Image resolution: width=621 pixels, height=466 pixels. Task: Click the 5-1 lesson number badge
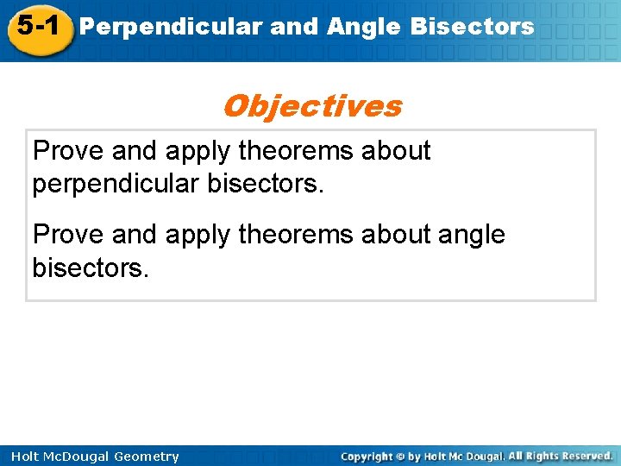pyautogui.click(x=36, y=25)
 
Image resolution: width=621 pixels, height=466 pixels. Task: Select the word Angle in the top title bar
pyautogui.click(x=363, y=27)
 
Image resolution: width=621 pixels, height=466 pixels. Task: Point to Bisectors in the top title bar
pyautogui.click(x=472, y=27)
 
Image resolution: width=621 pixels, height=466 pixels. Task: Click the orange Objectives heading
pyautogui.click(x=311, y=106)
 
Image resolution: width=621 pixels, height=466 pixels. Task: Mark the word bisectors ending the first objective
pyautogui.click(x=263, y=184)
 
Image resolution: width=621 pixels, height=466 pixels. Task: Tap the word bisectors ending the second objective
pyautogui.click(x=90, y=267)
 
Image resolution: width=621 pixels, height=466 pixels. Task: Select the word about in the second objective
pyautogui.click(x=397, y=234)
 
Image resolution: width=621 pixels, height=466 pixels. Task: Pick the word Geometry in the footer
pyautogui.click(x=146, y=457)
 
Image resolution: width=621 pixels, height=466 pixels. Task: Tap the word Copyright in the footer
pyautogui.click(x=367, y=456)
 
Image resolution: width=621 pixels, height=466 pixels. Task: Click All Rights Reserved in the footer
pyautogui.click(x=560, y=456)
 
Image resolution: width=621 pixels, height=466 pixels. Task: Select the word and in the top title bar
pyautogui.click(x=295, y=27)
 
